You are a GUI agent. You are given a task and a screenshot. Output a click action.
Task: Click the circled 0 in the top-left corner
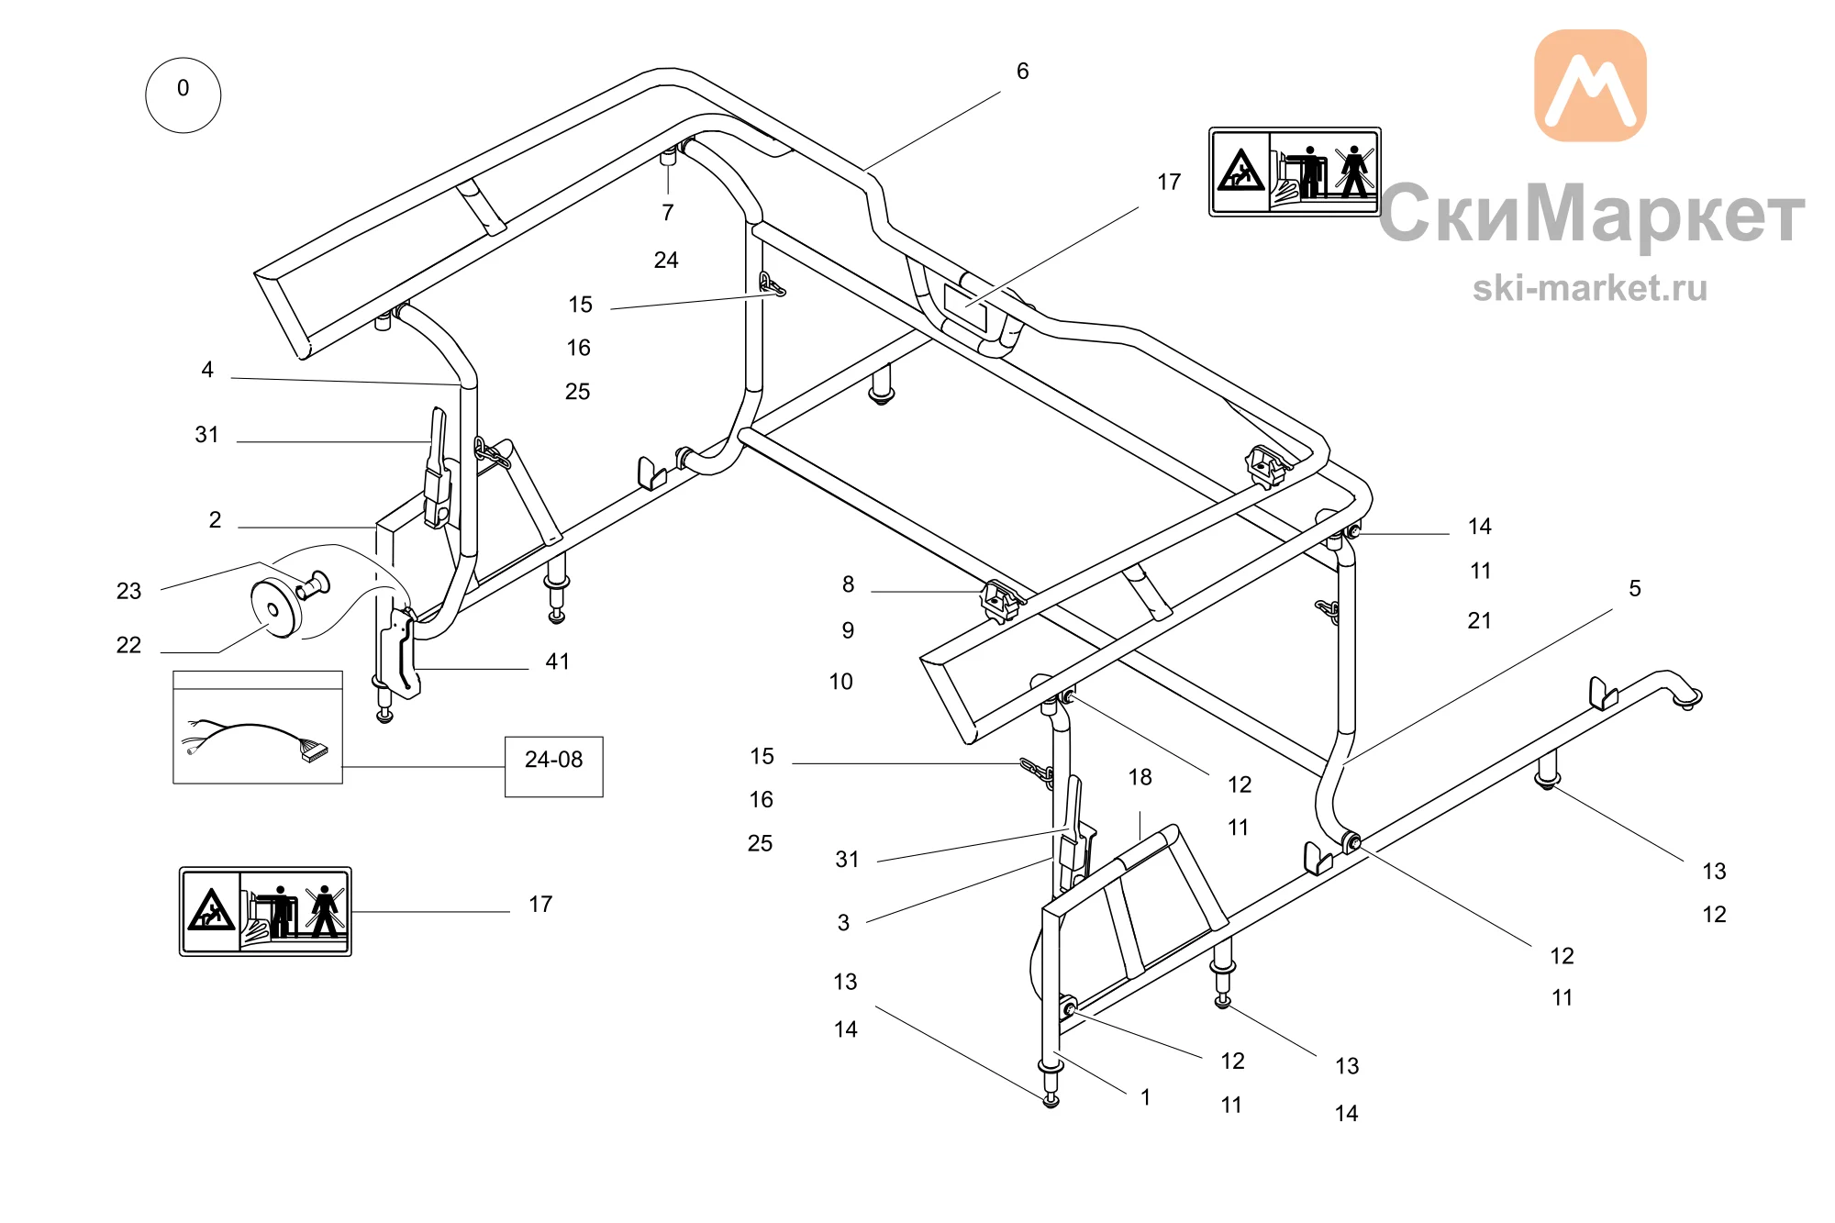(x=183, y=95)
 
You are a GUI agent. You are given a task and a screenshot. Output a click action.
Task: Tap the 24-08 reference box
(x=554, y=766)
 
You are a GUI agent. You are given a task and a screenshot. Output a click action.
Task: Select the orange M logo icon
(x=1590, y=85)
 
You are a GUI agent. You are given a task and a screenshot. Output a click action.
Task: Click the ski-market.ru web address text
(x=1590, y=288)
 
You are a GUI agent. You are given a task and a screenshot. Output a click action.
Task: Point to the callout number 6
(x=1023, y=72)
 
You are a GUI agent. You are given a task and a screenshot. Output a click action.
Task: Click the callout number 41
(x=558, y=662)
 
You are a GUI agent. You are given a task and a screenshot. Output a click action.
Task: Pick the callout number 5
(x=1635, y=588)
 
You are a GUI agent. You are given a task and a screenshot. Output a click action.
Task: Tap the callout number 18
(x=1140, y=777)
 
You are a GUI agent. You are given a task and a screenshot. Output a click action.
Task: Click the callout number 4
(x=207, y=370)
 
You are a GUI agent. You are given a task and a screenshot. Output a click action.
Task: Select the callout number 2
(x=215, y=520)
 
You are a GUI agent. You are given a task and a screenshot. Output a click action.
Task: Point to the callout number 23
(x=129, y=591)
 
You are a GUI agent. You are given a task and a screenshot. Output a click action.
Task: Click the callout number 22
(x=129, y=645)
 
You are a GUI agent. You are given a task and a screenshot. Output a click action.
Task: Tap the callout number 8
(x=849, y=584)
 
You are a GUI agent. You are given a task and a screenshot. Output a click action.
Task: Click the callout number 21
(x=1480, y=621)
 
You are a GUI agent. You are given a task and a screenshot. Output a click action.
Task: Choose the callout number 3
(x=844, y=923)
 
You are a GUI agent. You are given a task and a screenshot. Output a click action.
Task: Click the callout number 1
(x=1146, y=1097)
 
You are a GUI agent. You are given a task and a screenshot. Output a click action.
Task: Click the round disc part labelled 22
(x=275, y=608)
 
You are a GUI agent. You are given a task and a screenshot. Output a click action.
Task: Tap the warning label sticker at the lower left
(x=265, y=911)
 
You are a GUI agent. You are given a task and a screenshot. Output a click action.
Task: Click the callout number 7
(x=668, y=213)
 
